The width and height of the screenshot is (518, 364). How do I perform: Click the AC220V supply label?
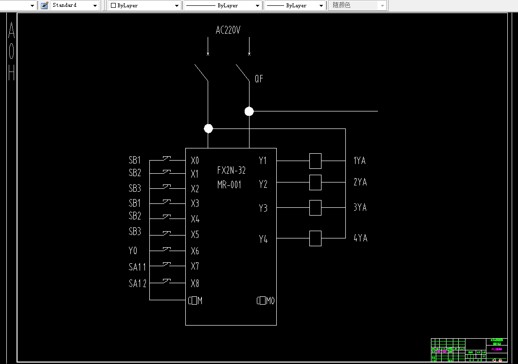[228, 30]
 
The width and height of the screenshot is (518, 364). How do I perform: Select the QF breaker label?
[259, 78]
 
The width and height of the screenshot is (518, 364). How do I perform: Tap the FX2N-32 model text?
[232, 170]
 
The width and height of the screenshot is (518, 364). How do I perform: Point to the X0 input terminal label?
[195, 160]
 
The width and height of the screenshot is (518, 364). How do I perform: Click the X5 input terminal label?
[195, 235]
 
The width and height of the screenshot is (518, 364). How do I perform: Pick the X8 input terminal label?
[195, 283]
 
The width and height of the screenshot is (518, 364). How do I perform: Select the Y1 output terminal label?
[263, 160]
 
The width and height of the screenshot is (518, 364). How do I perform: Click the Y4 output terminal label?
[263, 239]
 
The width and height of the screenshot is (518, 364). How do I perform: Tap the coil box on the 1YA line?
[315, 161]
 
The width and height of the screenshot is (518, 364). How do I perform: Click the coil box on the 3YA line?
[315, 208]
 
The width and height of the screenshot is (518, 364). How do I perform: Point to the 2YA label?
[360, 182]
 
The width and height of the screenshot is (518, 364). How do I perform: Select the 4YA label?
[360, 238]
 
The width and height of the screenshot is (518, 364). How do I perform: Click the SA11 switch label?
[137, 267]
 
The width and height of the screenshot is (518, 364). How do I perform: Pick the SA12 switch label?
[138, 283]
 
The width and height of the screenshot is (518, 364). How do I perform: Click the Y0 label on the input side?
[133, 251]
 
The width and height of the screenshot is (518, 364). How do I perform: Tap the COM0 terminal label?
[266, 301]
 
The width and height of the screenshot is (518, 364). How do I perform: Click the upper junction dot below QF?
[249, 111]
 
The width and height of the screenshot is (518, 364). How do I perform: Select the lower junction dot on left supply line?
[208, 128]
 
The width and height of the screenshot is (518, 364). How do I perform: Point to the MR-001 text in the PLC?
[230, 185]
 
